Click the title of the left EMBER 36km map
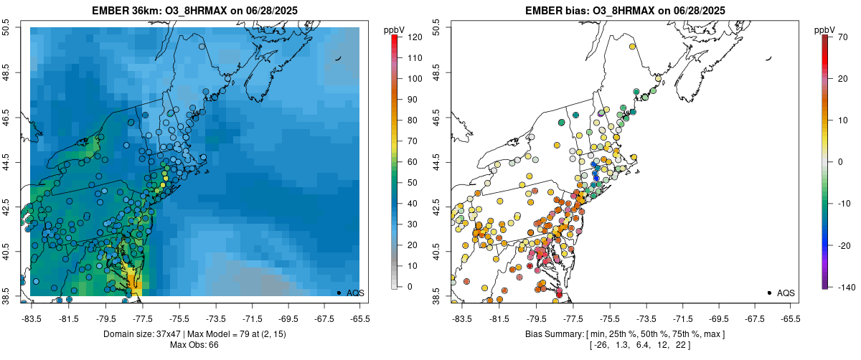pos(194,11)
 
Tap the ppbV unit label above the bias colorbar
pos(824,29)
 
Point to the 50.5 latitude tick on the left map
pos(7,28)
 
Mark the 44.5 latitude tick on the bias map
pos(438,162)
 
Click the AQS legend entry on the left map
pos(352,293)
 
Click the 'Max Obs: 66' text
pos(194,345)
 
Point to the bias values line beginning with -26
pos(624,345)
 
